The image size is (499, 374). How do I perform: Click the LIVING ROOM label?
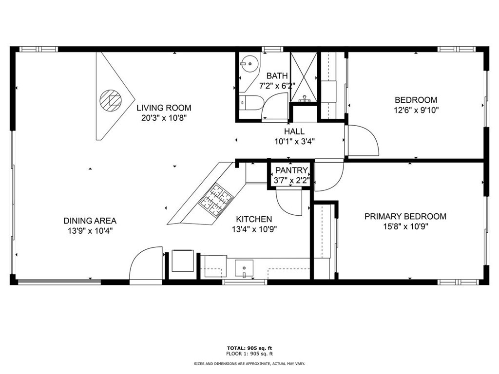pos(163,108)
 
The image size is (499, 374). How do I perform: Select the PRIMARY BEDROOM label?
pos(405,216)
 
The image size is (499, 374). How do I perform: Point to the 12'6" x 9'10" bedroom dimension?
pos(416,110)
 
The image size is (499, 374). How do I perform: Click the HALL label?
pos(294,131)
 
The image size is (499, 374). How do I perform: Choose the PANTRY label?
pos(291,170)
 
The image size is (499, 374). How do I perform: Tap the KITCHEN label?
pos(254,219)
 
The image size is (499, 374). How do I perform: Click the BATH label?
pos(277,76)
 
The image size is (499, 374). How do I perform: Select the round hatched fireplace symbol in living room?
pos(110,100)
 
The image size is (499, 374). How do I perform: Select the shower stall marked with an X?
pos(304,76)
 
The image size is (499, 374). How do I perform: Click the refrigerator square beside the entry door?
pos(183,261)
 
